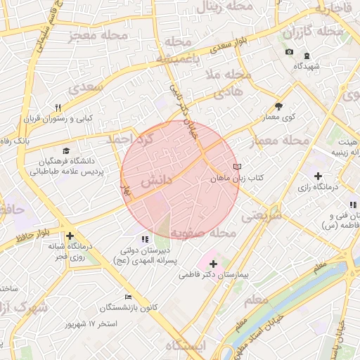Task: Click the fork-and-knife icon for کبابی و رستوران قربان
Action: [58, 108]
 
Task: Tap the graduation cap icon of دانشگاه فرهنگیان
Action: [66, 150]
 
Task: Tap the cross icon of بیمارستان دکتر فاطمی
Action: [214, 263]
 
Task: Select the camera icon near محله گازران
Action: [289, 53]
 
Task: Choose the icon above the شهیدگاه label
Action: [307, 56]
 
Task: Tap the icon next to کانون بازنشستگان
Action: [127, 297]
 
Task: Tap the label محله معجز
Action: [98, 36]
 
